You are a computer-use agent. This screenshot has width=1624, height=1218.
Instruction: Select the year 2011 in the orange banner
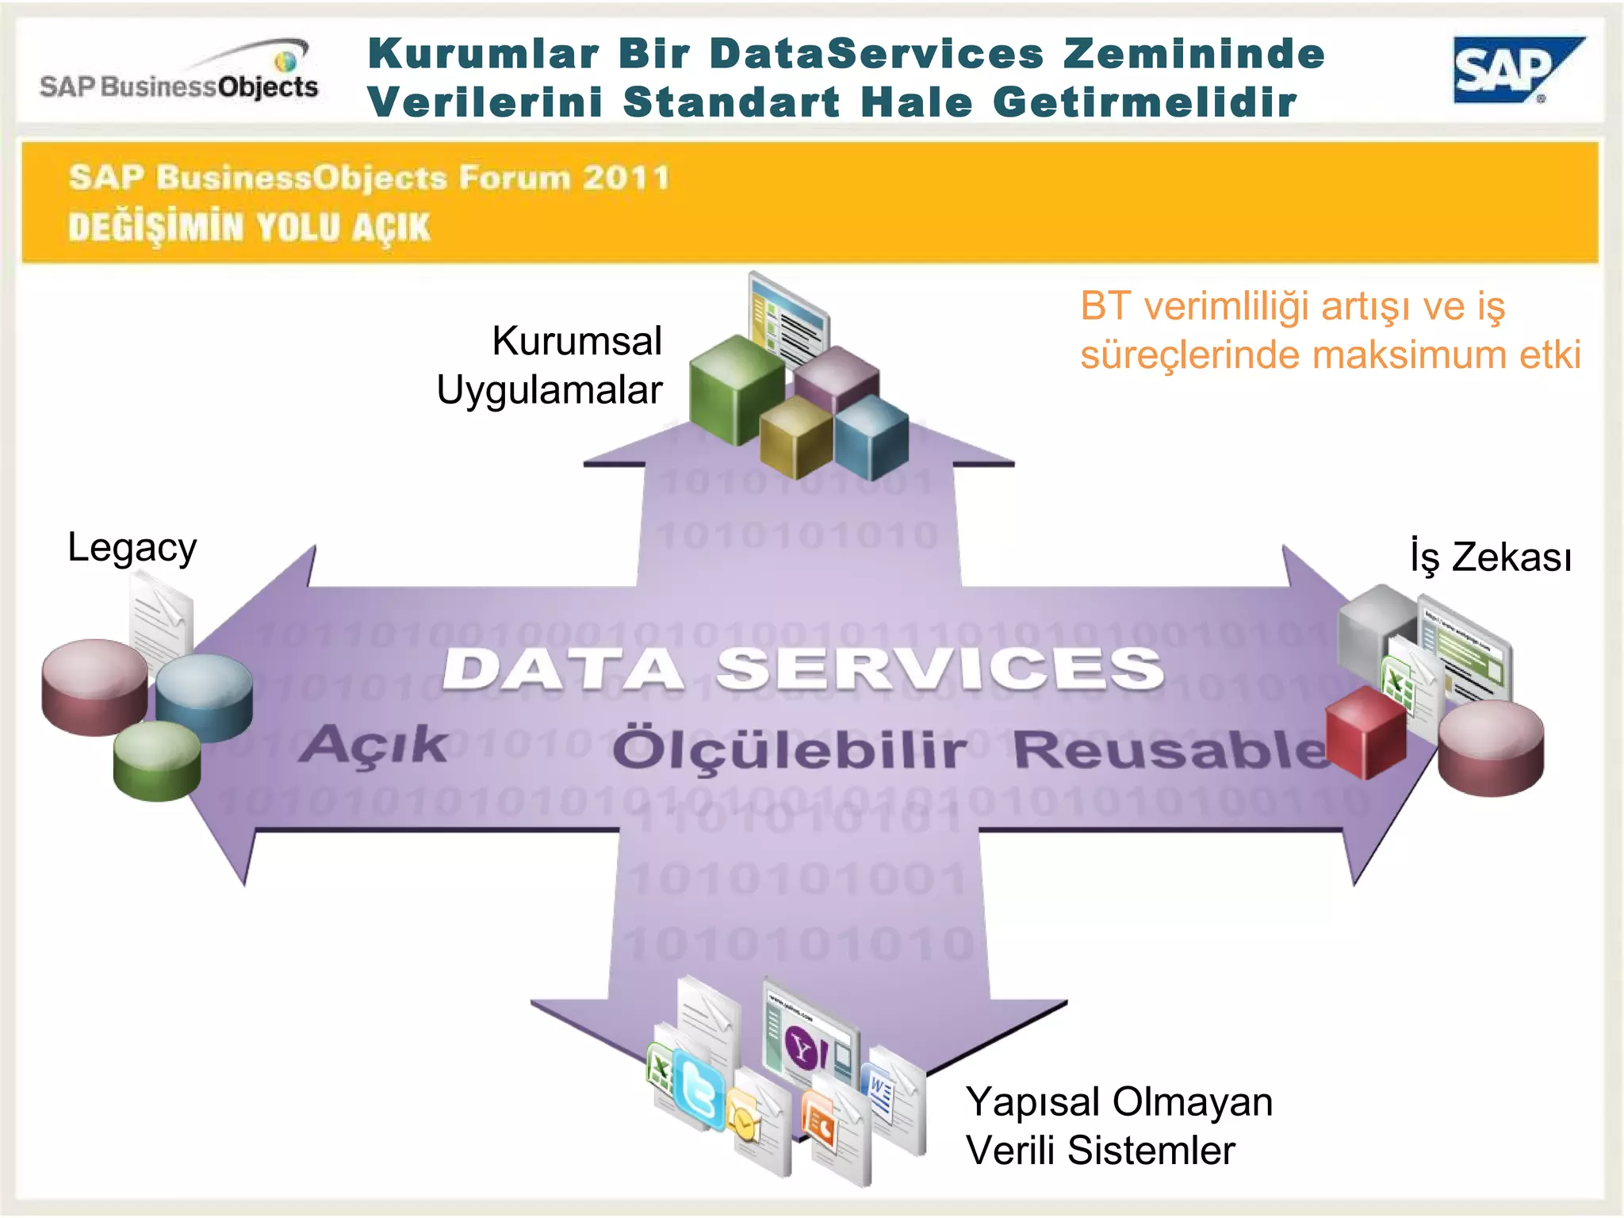click(x=626, y=178)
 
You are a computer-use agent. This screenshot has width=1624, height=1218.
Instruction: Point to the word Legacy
click(x=132, y=548)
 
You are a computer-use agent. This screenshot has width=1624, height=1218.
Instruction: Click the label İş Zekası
click(x=1490, y=556)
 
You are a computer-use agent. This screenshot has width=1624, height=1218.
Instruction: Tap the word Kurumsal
click(x=576, y=341)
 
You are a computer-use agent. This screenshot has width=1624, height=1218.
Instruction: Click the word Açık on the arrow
click(x=373, y=745)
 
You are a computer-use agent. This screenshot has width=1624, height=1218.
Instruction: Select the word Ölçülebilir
click(x=789, y=749)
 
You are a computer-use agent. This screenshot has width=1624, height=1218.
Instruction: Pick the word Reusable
click(x=1170, y=749)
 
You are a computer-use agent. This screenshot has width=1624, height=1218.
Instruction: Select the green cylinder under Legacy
click(x=157, y=761)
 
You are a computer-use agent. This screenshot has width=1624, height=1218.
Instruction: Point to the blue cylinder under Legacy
click(x=204, y=696)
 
